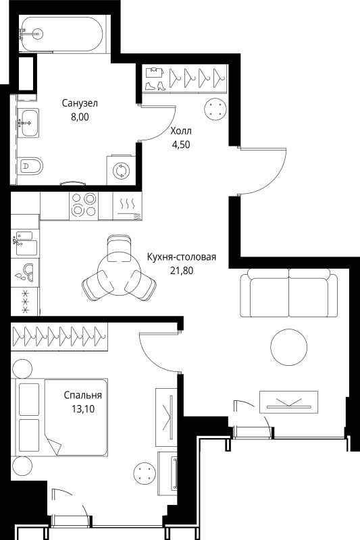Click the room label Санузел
(x=80, y=103)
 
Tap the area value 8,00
(x=80, y=117)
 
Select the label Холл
(x=181, y=131)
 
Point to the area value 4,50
(x=181, y=144)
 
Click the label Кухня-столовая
(x=182, y=257)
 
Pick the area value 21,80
(x=182, y=271)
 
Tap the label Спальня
(x=83, y=395)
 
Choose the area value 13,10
(x=83, y=409)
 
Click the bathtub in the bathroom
(x=62, y=34)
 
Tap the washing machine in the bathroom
(x=122, y=170)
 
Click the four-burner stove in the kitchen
(x=84, y=206)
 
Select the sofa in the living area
(x=288, y=293)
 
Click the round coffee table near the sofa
(x=288, y=347)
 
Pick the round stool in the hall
(x=215, y=109)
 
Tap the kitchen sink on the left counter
(x=26, y=244)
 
